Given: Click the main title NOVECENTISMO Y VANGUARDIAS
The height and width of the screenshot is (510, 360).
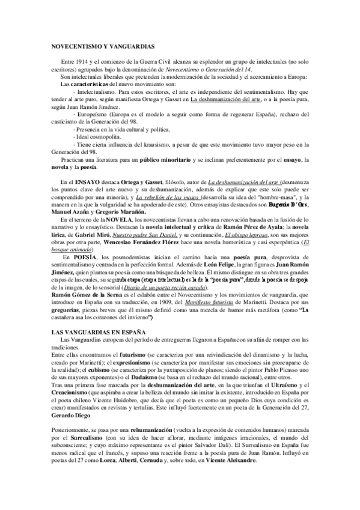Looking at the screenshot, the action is pos(103,45).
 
